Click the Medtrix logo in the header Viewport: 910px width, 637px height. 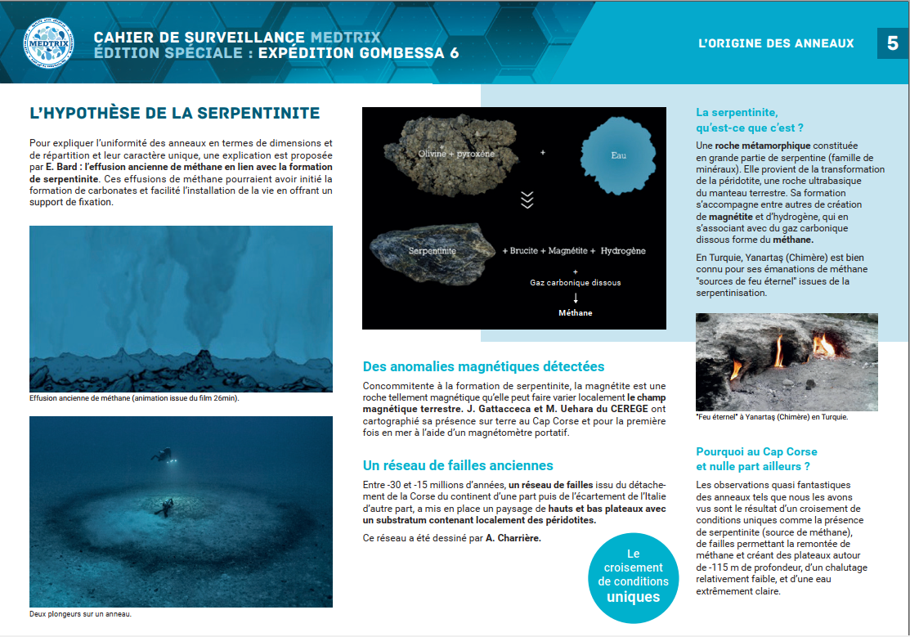(x=48, y=43)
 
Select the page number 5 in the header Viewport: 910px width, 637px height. (x=892, y=43)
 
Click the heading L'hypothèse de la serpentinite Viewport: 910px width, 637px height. (x=174, y=113)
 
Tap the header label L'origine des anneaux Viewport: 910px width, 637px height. (x=776, y=43)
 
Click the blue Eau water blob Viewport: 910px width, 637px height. (x=617, y=155)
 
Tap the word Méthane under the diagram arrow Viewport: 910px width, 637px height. (x=576, y=312)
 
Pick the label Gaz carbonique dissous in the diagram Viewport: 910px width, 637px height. (x=576, y=283)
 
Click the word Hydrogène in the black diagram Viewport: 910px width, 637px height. (x=623, y=251)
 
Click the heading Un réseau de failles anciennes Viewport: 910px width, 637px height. (x=458, y=465)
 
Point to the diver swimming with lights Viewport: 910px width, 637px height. (x=164, y=455)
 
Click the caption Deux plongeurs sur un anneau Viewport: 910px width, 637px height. (x=80, y=614)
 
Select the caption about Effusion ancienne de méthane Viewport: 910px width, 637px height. (x=133, y=399)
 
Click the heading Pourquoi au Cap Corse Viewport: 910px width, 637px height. (x=755, y=459)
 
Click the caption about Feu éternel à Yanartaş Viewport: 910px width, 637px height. (x=771, y=417)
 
